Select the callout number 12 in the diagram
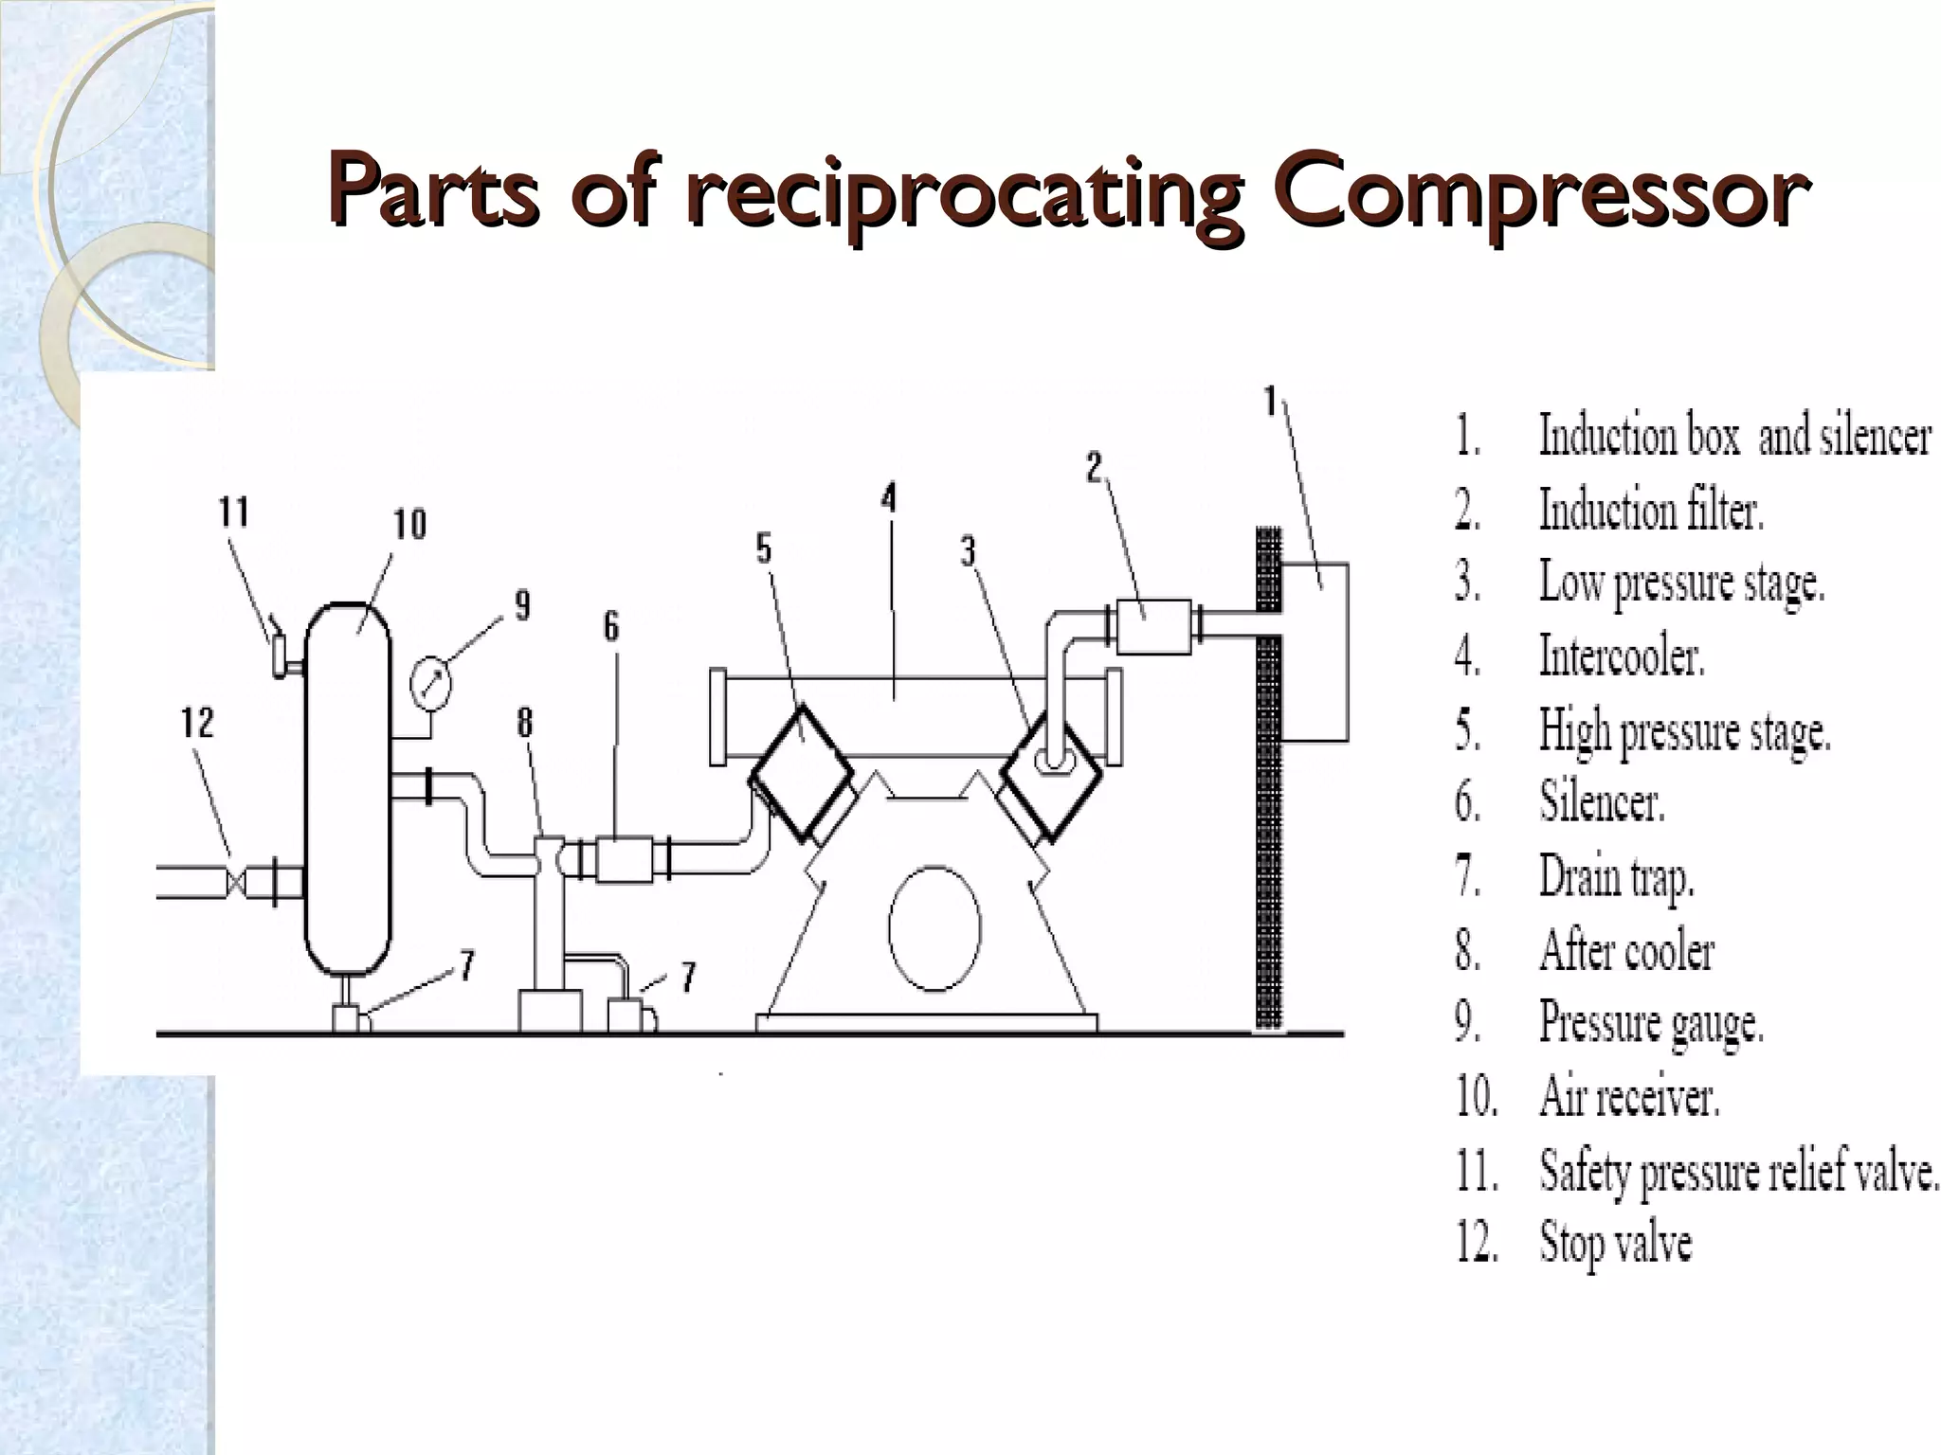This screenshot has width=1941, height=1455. pos(198,724)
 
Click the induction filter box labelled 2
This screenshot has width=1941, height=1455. pos(1153,627)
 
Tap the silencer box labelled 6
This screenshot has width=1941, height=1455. pos(624,859)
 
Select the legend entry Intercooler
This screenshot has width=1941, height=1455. pos(1622,656)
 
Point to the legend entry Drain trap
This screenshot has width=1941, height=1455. pos(1616,876)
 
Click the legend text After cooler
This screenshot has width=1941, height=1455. pos(1626,950)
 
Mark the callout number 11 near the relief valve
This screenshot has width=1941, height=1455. pos(234,512)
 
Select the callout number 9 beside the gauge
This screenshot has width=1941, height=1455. pos(522,605)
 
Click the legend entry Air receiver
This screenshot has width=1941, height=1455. pos(1628,1098)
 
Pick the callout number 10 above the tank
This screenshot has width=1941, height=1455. pos(410,524)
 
